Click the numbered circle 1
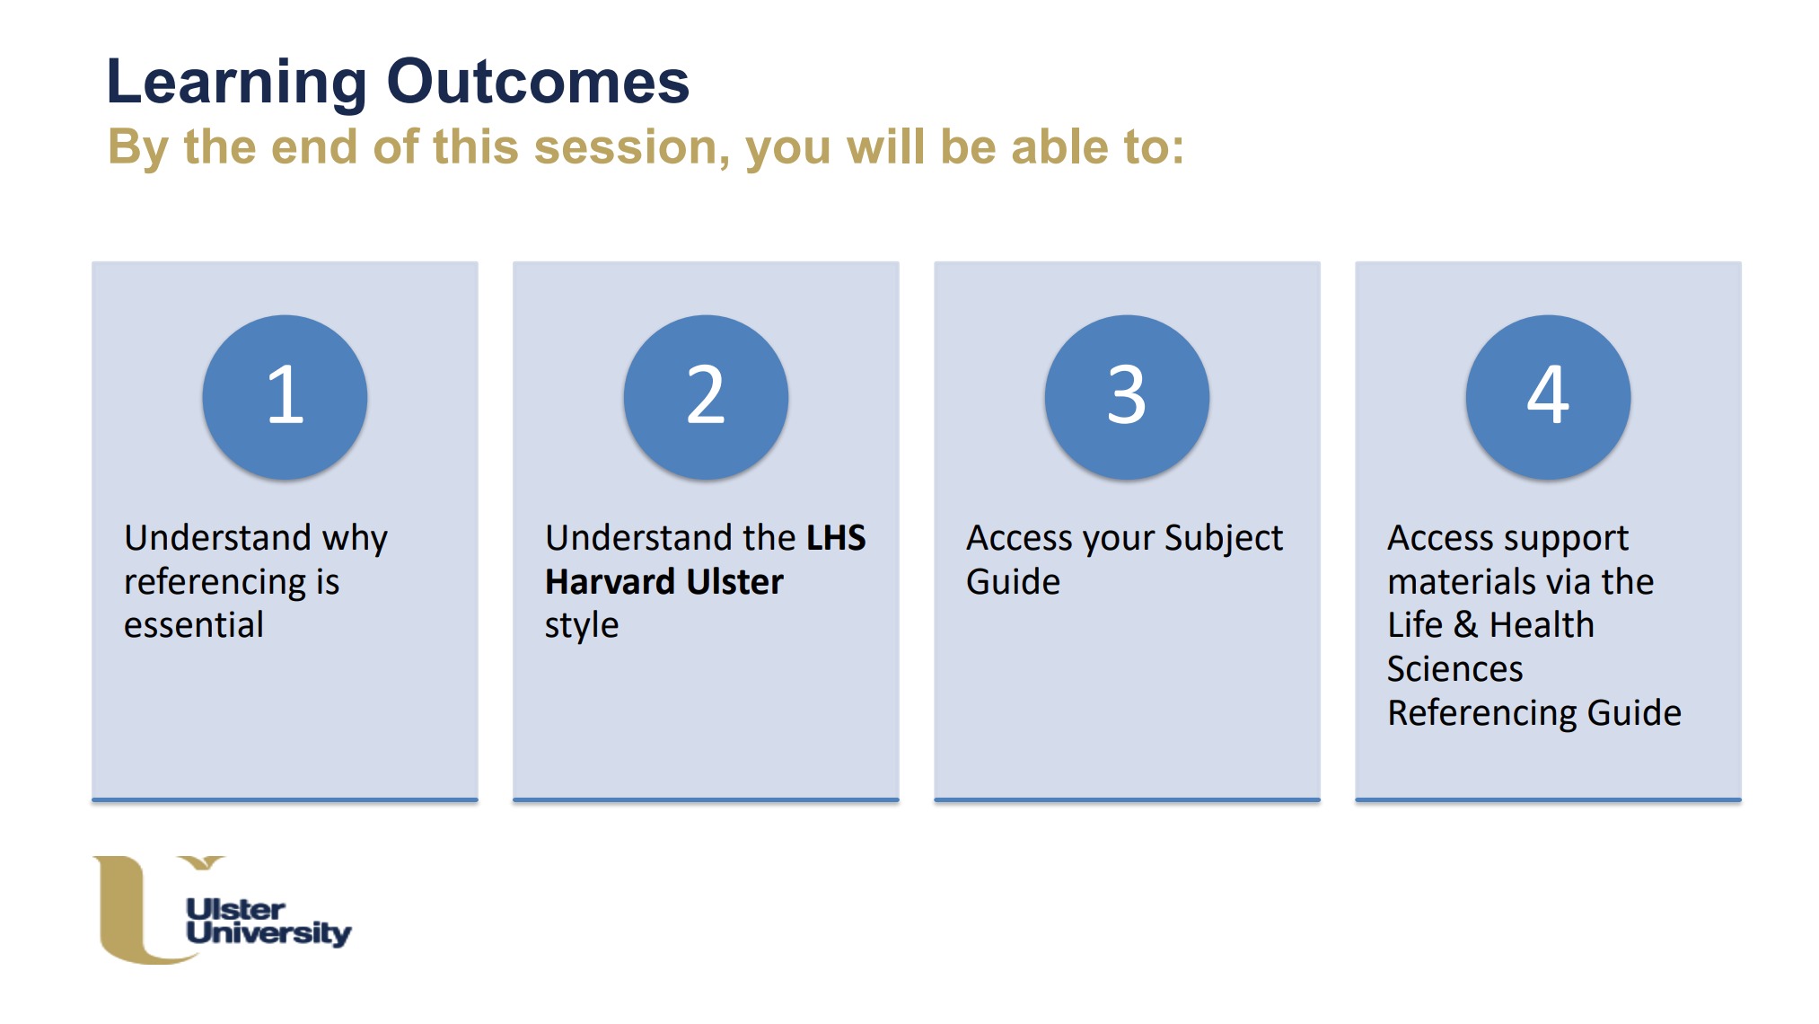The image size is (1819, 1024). (x=285, y=397)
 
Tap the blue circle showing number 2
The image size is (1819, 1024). (x=706, y=397)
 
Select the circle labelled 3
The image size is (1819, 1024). (x=1127, y=397)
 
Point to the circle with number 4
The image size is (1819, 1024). (x=1548, y=397)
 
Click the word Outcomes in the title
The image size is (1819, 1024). (x=538, y=82)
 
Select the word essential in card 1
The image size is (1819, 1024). (x=194, y=624)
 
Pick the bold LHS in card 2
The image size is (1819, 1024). (x=836, y=537)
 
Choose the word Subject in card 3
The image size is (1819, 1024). (x=1223, y=539)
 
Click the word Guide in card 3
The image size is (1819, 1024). (x=1013, y=581)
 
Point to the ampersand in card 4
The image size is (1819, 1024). (x=1465, y=624)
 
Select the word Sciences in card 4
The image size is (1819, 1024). (x=1454, y=668)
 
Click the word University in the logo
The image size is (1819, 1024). (x=268, y=932)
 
